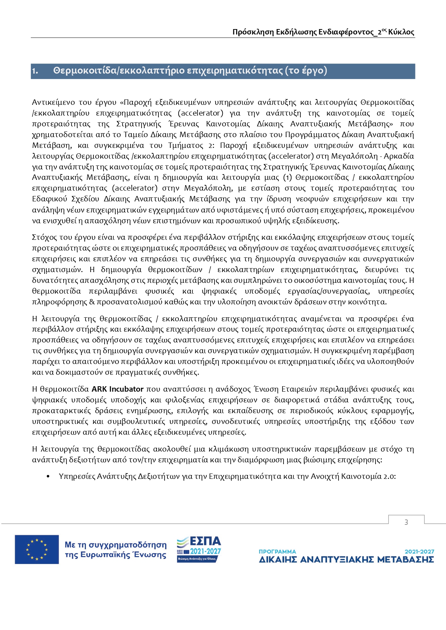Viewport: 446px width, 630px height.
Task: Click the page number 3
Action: [406, 522]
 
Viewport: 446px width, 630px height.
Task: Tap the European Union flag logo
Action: [37, 549]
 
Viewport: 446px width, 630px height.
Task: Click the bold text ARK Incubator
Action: [118, 389]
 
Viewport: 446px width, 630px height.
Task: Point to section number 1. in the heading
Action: [35, 71]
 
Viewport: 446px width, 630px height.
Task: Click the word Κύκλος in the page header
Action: [401, 32]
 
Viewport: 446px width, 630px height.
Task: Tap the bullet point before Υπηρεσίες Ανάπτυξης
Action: [48, 477]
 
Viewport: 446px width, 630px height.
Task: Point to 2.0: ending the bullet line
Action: [389, 476]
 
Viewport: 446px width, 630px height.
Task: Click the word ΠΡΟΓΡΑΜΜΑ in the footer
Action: [277, 551]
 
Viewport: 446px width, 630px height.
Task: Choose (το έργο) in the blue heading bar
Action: [306, 71]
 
